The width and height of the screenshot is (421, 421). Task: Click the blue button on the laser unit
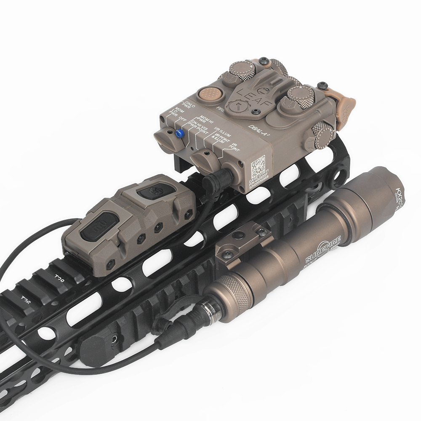point(179,133)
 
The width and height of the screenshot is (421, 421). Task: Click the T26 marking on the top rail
point(27,301)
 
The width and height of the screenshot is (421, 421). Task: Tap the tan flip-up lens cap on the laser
point(345,104)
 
